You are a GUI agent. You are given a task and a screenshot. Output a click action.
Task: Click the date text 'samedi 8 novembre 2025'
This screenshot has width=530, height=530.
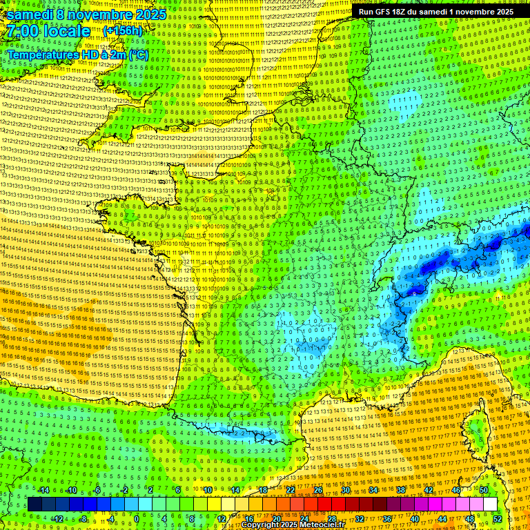pyautogui.click(x=86, y=14)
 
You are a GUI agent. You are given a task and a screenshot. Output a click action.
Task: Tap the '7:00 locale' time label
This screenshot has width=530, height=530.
pyautogui.click(x=47, y=31)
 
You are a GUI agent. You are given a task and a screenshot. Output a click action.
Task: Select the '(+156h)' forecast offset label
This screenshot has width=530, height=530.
pyautogui.click(x=122, y=31)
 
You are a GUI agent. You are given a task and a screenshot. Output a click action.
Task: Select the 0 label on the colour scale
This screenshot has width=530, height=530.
pyautogui.click(x=136, y=518)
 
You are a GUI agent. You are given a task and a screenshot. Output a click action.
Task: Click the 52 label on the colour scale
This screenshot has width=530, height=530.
pyautogui.click(x=498, y=518)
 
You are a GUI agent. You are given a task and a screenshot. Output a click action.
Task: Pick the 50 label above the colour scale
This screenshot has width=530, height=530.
pyautogui.click(x=484, y=490)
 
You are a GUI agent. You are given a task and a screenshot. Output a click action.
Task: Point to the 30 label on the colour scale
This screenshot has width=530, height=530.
pyautogui.click(x=346, y=490)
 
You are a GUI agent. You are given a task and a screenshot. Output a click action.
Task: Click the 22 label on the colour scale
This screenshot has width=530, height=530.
pyautogui.click(x=291, y=490)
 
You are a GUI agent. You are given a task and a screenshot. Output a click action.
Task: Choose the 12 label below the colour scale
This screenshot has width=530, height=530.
pyautogui.click(x=222, y=518)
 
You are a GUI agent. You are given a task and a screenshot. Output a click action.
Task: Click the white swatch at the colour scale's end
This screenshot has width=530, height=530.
pyautogui.click(x=490, y=504)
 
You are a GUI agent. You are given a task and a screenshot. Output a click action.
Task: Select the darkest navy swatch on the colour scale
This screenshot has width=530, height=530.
pyautogui.click(x=35, y=504)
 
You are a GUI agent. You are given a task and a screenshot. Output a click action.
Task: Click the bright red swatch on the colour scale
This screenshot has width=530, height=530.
pyautogui.click(x=324, y=504)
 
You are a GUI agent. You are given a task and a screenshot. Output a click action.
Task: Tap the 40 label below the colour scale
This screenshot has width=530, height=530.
pyautogui.click(x=415, y=518)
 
